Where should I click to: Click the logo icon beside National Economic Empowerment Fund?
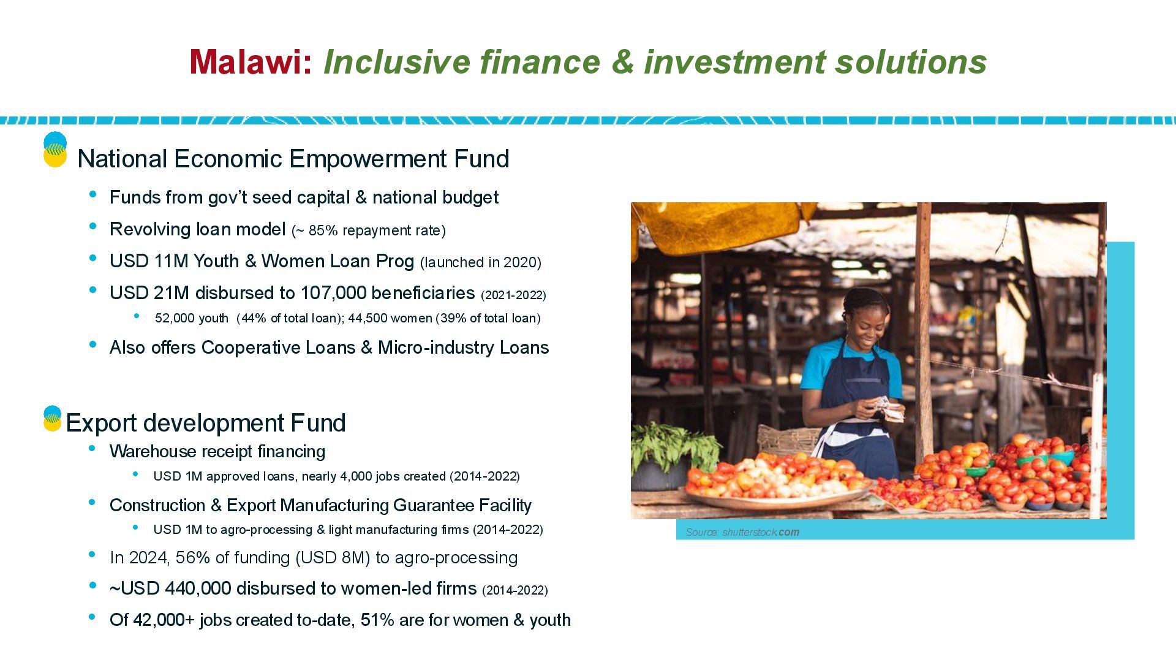[x=55, y=150]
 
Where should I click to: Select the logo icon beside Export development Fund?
[x=53, y=418]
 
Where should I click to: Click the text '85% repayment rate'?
[x=375, y=230]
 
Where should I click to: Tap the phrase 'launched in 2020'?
[x=481, y=262]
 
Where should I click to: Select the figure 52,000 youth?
[x=191, y=318]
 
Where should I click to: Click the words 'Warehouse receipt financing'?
[x=217, y=452]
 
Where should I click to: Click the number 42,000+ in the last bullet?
[x=164, y=620]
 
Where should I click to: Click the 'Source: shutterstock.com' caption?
[x=742, y=532]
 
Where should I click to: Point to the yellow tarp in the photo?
[x=723, y=226]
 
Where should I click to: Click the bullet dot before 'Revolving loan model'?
[x=93, y=227]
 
